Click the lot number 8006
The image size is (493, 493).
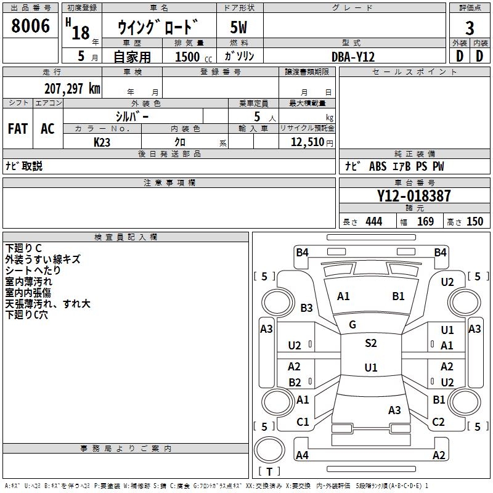[x=31, y=26]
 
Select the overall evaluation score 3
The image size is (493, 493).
[x=470, y=28]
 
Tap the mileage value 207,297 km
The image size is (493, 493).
[x=72, y=89]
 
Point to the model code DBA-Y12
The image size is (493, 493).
[x=353, y=57]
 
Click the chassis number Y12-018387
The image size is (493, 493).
[x=414, y=196]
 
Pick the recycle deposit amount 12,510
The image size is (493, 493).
[x=306, y=142]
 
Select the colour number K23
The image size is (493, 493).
[x=102, y=142]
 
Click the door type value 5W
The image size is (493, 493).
[x=239, y=28]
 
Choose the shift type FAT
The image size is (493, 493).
[x=17, y=129]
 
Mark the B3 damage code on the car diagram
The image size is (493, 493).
[x=307, y=308]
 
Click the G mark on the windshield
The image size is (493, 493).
[x=352, y=325]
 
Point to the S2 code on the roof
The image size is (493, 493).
[x=370, y=343]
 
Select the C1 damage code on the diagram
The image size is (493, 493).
[x=303, y=422]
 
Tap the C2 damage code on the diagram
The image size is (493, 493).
[x=438, y=422]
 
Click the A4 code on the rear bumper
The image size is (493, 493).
[x=302, y=455]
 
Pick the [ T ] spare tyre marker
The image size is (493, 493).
[x=269, y=472]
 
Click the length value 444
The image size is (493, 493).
[x=373, y=222]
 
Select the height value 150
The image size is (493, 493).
[x=475, y=222]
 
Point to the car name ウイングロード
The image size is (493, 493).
[x=159, y=28]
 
